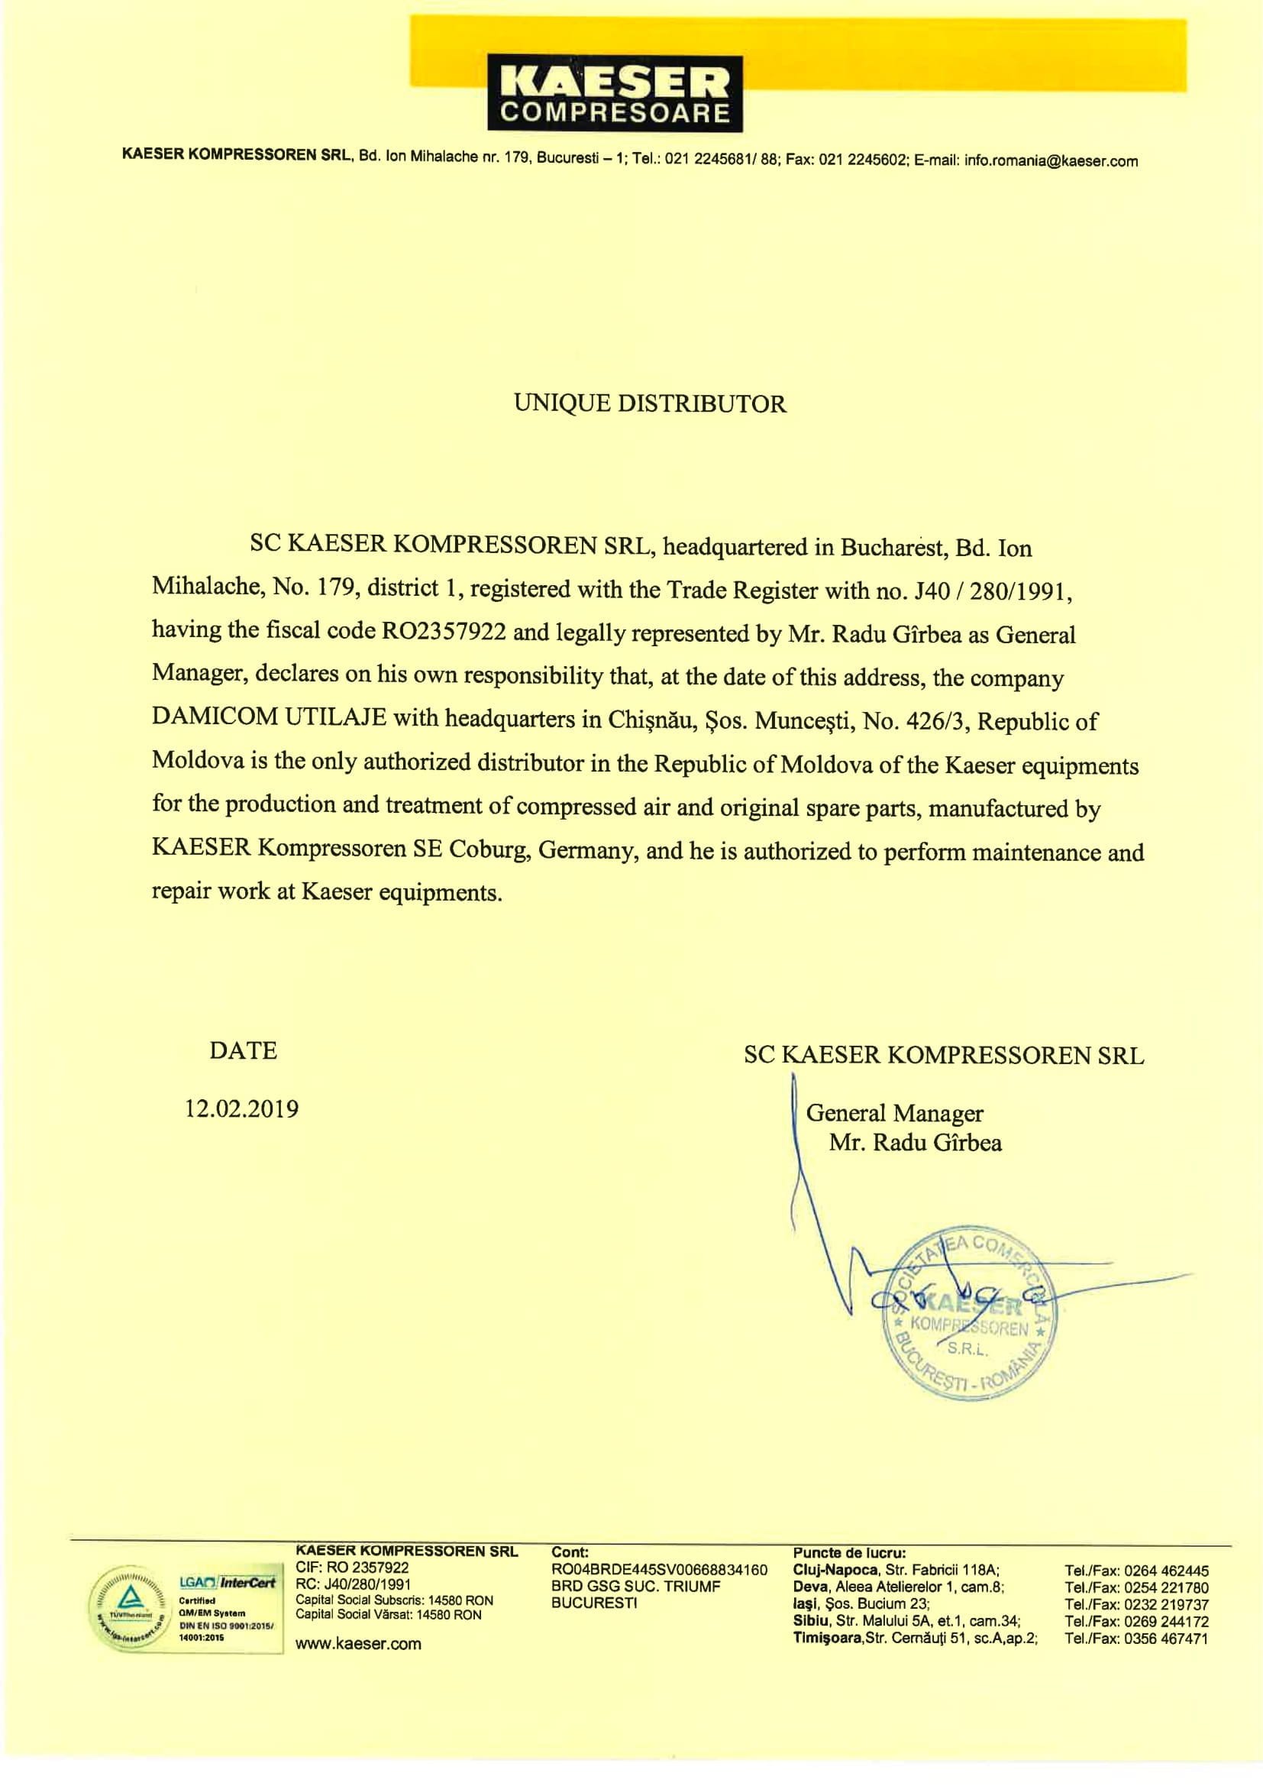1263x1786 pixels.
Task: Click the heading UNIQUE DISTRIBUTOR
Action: (x=650, y=403)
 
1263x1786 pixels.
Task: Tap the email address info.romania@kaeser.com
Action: (x=1051, y=162)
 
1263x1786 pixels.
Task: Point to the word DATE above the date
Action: (x=243, y=1051)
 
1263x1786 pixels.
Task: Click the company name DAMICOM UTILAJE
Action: (x=269, y=717)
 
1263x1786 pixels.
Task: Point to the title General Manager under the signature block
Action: (x=894, y=1113)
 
